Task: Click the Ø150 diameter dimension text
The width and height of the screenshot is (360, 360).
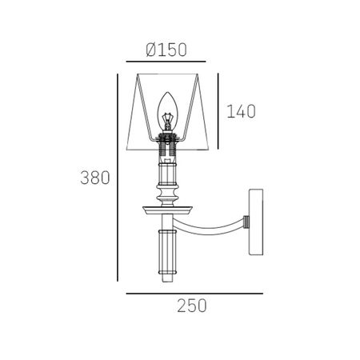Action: click(x=166, y=50)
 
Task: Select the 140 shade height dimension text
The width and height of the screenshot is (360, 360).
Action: click(x=241, y=111)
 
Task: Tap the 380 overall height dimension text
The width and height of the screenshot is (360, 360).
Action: click(x=95, y=178)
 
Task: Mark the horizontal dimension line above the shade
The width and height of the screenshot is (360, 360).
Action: click(x=166, y=62)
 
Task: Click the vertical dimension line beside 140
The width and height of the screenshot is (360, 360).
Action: click(x=218, y=109)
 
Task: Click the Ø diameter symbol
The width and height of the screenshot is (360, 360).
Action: click(x=151, y=50)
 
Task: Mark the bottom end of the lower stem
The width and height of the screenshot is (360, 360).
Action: click(x=168, y=278)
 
